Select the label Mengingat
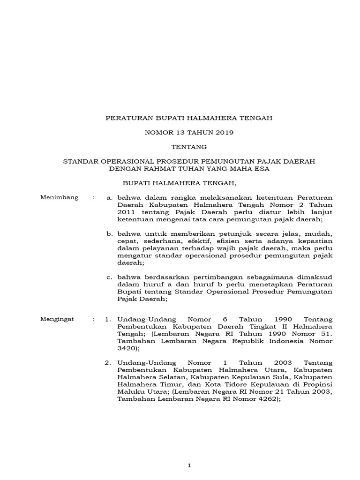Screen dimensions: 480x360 point(59,319)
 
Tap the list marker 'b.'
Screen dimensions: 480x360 point(109,233)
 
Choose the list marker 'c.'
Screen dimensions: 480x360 point(109,277)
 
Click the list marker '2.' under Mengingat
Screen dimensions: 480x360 point(108,363)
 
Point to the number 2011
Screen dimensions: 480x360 point(127,212)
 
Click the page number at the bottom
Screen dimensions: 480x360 point(189,452)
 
